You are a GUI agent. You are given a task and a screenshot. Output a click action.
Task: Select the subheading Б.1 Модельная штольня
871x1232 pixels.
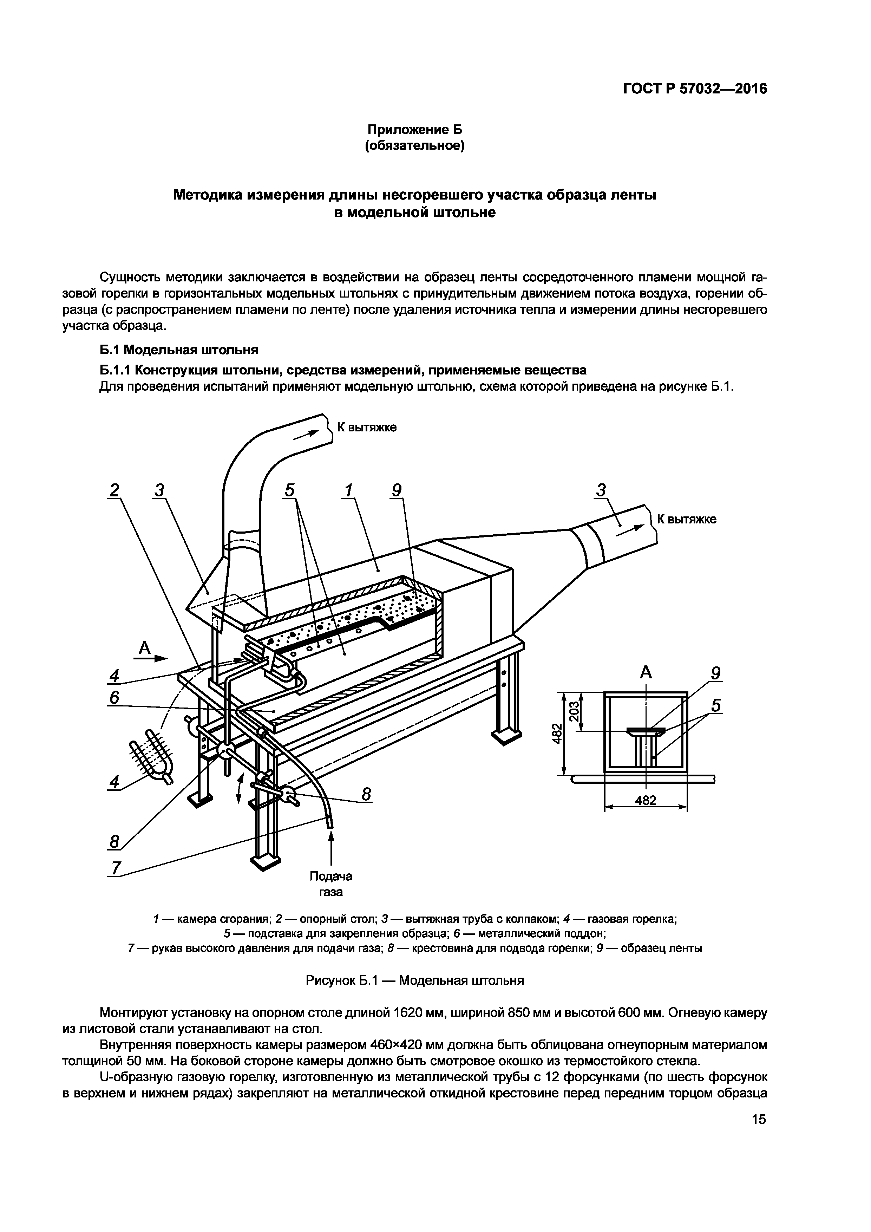[179, 350]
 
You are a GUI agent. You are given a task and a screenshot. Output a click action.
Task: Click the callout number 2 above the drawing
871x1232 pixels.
[114, 490]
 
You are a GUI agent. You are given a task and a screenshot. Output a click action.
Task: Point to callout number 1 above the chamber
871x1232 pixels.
[349, 490]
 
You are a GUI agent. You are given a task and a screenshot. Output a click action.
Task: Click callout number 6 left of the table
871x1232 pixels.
[114, 698]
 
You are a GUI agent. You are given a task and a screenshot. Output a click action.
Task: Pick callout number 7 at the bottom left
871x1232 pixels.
[116, 868]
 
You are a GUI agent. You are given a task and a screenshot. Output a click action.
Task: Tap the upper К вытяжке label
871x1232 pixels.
[367, 428]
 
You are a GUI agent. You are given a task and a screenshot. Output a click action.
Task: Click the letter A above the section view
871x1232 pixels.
[646, 672]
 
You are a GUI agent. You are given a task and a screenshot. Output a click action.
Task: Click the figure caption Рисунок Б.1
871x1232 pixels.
[414, 981]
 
